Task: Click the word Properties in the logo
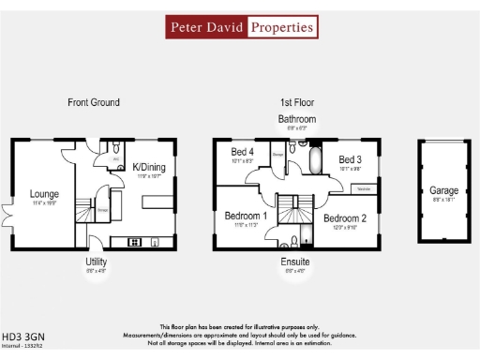click(281, 27)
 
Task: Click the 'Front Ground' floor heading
click(94, 102)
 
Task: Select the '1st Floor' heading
click(296, 102)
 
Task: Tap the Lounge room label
click(43, 194)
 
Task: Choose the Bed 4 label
click(243, 152)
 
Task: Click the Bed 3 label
click(351, 159)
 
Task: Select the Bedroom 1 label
click(246, 217)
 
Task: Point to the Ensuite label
click(296, 262)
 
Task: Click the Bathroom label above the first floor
click(296, 120)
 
